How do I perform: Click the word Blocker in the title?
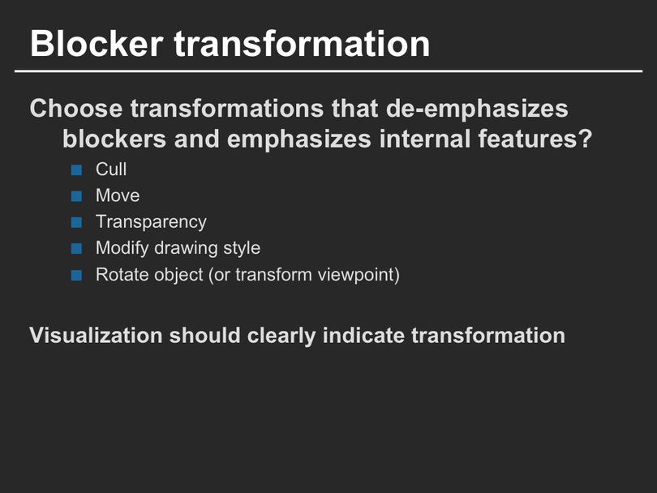(x=97, y=44)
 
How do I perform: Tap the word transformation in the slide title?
(x=302, y=44)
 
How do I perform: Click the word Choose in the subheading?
(x=76, y=109)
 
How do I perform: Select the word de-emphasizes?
(x=477, y=109)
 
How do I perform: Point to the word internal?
(x=424, y=139)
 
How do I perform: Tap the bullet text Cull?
(x=111, y=169)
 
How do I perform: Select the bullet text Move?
(x=118, y=195)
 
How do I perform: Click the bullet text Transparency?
(x=151, y=222)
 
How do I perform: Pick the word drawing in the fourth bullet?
(x=186, y=248)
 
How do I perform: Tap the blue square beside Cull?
(x=76, y=169)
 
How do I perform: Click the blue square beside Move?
(x=76, y=196)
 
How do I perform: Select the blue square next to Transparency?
(x=76, y=222)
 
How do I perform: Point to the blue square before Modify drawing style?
(x=76, y=248)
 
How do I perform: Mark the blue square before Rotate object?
(x=76, y=275)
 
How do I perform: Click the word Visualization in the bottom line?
(x=96, y=336)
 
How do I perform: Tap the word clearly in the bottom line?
(x=281, y=337)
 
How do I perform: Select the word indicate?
(x=363, y=336)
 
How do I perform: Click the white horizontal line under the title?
(x=328, y=71)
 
